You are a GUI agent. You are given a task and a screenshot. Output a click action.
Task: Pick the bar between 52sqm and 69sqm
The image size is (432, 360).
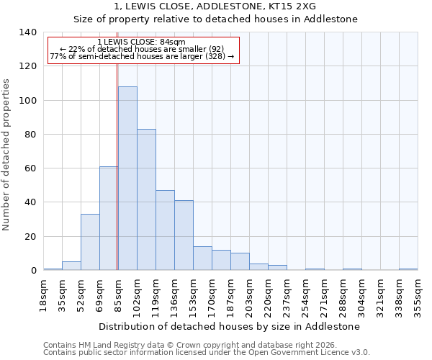[x=90, y=242]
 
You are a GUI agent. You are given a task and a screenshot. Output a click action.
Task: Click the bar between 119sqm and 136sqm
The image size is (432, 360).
[x=165, y=230]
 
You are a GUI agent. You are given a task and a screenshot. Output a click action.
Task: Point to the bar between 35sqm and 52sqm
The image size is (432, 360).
[x=71, y=266]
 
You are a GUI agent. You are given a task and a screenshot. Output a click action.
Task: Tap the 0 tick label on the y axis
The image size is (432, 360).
[x=33, y=271]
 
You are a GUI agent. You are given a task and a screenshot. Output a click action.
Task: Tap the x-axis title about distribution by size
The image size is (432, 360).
[x=230, y=326]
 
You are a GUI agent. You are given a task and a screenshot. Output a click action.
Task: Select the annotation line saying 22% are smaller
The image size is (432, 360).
[x=142, y=49]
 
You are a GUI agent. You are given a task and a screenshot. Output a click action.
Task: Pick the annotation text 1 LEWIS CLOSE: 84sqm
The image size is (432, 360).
[x=142, y=42]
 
